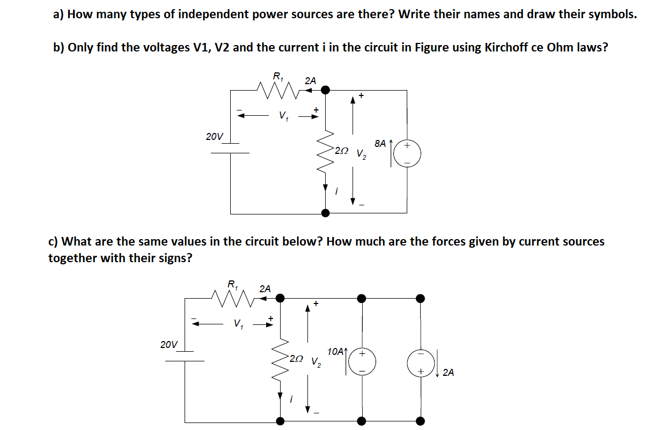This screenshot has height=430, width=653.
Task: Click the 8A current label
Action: click(x=380, y=143)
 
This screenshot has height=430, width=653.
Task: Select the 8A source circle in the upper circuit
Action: click(x=407, y=154)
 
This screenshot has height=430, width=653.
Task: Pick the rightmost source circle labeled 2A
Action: click(x=421, y=362)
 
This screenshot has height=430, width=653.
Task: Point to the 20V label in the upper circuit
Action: click(x=215, y=137)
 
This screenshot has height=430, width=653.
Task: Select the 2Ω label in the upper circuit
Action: click(x=341, y=151)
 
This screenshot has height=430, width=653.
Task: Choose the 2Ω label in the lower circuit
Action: click(x=296, y=359)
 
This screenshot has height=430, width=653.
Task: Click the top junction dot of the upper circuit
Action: click(x=325, y=90)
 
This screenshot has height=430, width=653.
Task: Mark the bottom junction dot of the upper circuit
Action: click(x=325, y=213)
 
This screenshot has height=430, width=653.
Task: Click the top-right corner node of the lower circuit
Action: click(x=421, y=298)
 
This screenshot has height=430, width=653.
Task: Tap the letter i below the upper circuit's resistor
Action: click(x=336, y=190)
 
